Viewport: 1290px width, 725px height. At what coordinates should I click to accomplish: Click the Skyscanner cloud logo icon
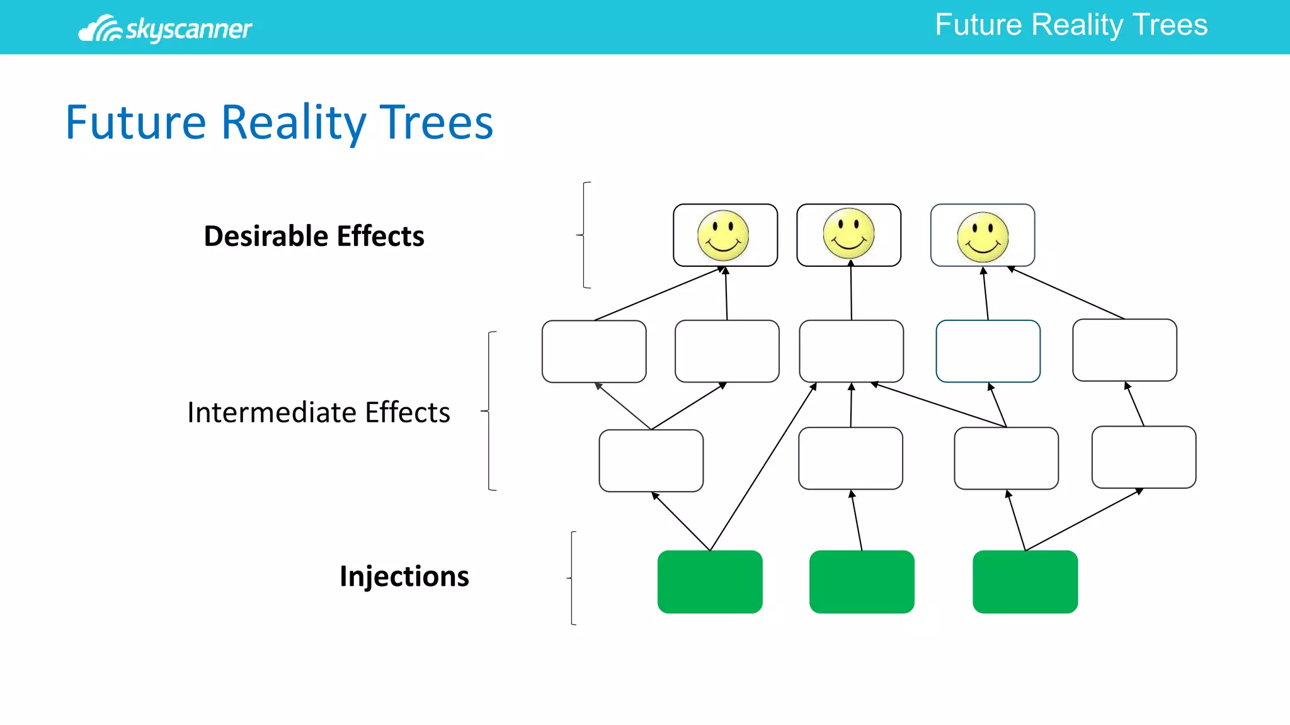click(100, 29)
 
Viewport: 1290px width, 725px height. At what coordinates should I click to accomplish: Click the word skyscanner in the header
click(188, 29)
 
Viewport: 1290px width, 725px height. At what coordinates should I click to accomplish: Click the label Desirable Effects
click(314, 236)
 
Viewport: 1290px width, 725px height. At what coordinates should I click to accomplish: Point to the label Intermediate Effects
click(318, 412)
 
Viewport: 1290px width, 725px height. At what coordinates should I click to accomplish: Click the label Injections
click(404, 576)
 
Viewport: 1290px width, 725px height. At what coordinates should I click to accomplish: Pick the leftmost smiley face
click(723, 235)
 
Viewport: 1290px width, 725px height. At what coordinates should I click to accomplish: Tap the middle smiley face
click(848, 234)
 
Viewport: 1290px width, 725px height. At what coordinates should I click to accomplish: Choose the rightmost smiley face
click(983, 237)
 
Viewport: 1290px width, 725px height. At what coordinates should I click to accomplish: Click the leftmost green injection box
click(710, 582)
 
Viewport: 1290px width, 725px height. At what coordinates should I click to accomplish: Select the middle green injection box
click(861, 582)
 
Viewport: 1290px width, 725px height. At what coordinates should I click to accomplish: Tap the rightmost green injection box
click(1025, 582)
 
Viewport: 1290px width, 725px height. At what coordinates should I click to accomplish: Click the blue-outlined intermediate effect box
click(988, 351)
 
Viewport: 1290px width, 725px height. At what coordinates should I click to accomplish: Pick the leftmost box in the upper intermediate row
click(594, 351)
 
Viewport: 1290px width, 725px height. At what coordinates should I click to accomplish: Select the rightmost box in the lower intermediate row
click(1143, 458)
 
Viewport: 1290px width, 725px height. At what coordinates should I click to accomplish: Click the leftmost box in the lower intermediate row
click(651, 461)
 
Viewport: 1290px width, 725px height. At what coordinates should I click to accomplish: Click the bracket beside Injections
click(572, 578)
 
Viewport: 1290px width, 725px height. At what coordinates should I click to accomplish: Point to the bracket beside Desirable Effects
click(584, 235)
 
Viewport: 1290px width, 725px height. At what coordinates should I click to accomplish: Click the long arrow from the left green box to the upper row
click(762, 467)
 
